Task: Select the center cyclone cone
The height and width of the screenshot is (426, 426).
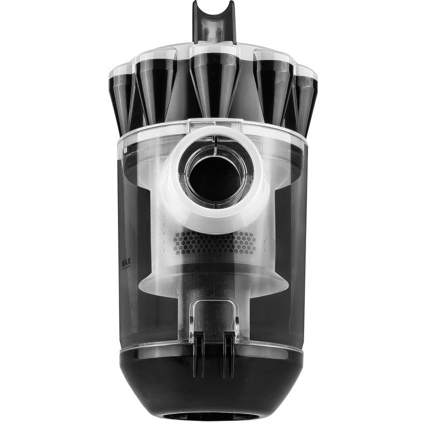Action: (213, 82)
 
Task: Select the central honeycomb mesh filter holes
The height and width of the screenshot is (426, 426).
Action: (215, 243)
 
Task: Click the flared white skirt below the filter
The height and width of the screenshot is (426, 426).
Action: (213, 285)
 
